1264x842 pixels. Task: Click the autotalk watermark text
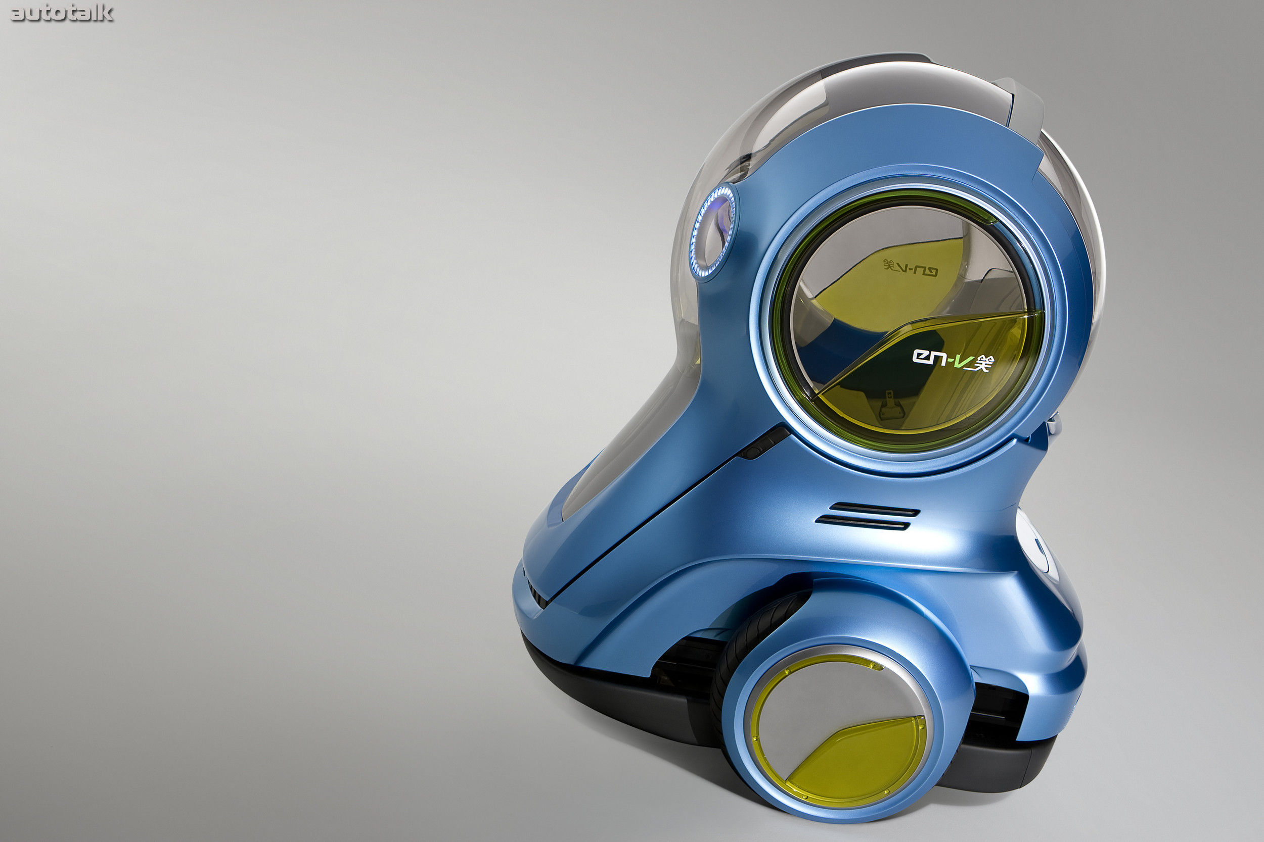pos(62,13)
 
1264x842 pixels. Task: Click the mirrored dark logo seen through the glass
pos(911,267)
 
